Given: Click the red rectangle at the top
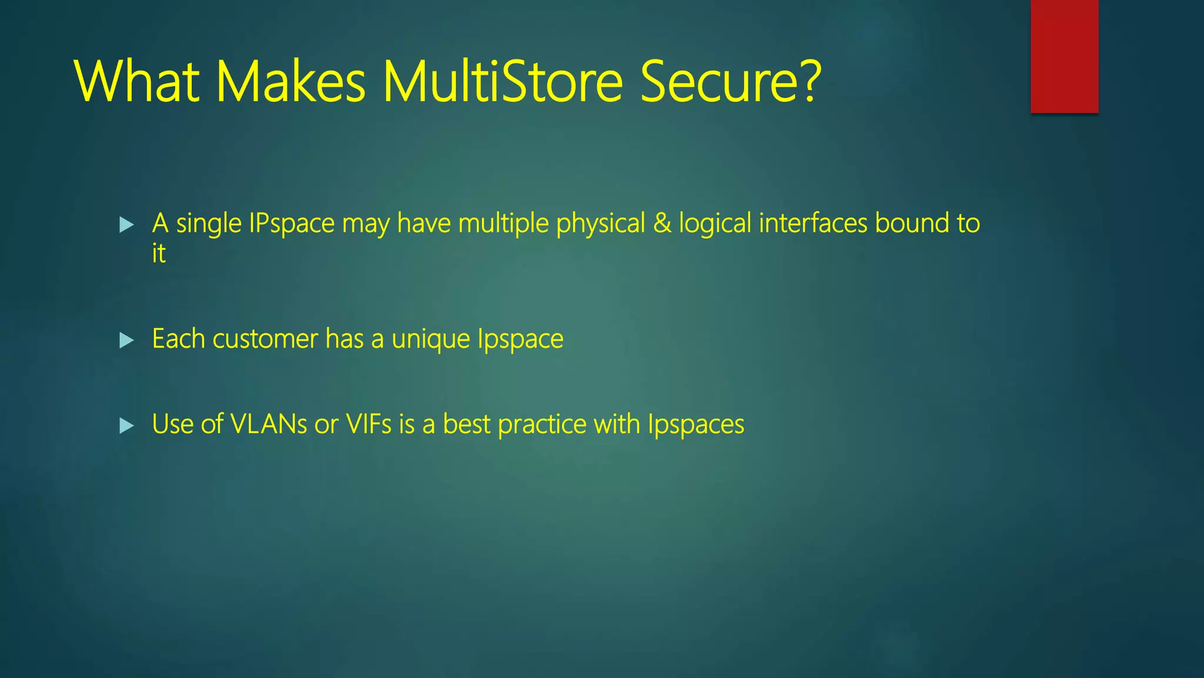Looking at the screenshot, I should [1064, 56].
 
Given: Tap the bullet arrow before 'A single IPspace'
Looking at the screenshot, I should [126, 224].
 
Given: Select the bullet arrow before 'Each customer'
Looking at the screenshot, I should [126, 340].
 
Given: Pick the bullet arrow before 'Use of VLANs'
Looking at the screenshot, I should [126, 425].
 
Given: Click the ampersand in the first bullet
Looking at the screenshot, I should [662, 224].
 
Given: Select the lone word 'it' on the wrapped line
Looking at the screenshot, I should [159, 254].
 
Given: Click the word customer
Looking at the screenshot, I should [265, 340].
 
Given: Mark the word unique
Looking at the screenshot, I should [431, 340].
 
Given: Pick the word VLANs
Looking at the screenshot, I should [269, 424].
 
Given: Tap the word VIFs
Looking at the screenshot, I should [369, 424].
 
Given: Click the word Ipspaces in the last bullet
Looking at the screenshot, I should [696, 425].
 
